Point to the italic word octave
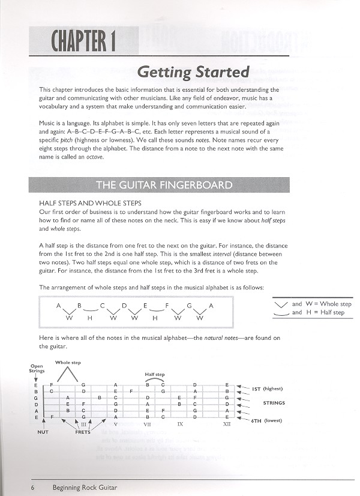pyautogui.click(x=94, y=157)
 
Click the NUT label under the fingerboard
pyautogui.click(x=43, y=431)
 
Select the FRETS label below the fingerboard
pyautogui.click(x=83, y=431)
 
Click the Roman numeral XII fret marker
pyautogui.click(x=226, y=424)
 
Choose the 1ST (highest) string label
pyautogui.click(x=268, y=389)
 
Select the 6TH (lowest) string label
pyautogui.click(x=268, y=420)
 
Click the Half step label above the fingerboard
pyautogui.click(x=154, y=374)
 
